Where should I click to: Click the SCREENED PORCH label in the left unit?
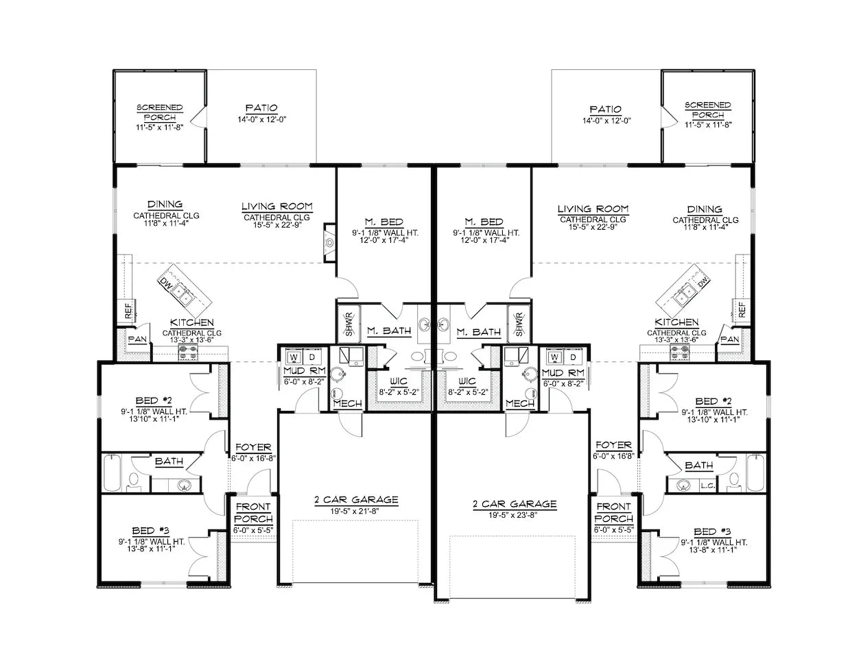pyautogui.click(x=160, y=112)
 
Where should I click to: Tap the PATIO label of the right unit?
pyautogui.click(x=605, y=109)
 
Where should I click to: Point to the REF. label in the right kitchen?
pyautogui.click(x=742, y=309)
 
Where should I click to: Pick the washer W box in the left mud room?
pyautogui.click(x=294, y=357)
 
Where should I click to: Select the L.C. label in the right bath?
pyautogui.click(x=707, y=486)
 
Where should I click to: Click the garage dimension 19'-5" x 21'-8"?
pyautogui.click(x=347, y=511)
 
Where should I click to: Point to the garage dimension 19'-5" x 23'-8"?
pyautogui.click(x=515, y=515)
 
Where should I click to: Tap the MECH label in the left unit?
pyautogui.click(x=347, y=404)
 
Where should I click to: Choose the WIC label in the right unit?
pyautogui.click(x=467, y=381)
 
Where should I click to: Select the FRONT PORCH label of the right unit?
pyautogui.click(x=613, y=512)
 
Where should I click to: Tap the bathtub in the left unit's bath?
pyautogui.click(x=111, y=474)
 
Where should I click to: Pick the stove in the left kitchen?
pyautogui.click(x=188, y=352)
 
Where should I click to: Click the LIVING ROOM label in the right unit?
pyautogui.click(x=593, y=208)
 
